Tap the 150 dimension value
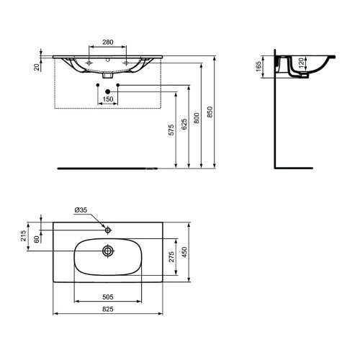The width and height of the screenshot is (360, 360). click(x=109, y=99)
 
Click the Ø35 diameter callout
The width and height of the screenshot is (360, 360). click(x=81, y=211)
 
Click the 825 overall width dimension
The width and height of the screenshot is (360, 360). click(x=109, y=310)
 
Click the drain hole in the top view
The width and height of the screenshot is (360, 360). click(x=108, y=251)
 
